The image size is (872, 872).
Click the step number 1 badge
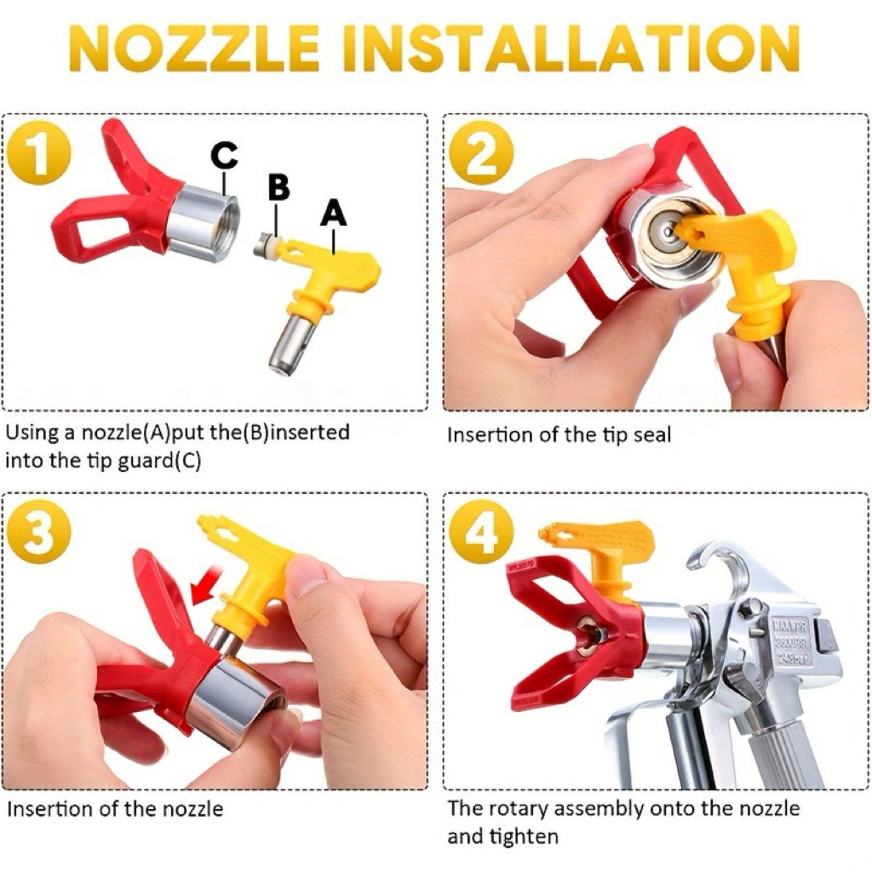tap(38, 156)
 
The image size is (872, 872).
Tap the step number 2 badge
tap(481, 154)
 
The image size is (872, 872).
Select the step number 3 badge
tap(38, 534)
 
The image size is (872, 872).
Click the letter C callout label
tap(225, 156)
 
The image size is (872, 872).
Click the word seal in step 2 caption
tap(651, 435)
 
